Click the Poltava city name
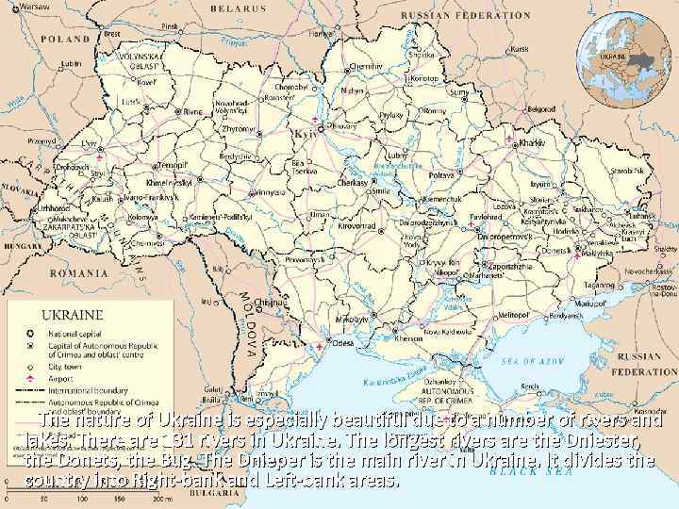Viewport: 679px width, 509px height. tap(441, 175)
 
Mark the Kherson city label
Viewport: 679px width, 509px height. tap(408, 337)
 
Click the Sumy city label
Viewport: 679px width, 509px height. tap(461, 92)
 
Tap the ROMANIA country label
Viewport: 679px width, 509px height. tap(80, 272)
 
